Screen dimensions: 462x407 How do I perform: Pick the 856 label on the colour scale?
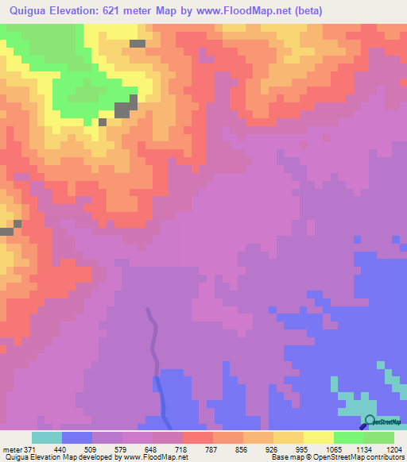coord(240,449)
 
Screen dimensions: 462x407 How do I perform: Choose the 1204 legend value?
coord(395,449)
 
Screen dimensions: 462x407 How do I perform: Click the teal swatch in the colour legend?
coord(46,437)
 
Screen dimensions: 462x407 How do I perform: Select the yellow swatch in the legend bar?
coord(319,437)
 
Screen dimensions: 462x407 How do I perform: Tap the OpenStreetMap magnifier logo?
coord(370,422)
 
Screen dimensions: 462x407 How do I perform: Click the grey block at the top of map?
coord(138,44)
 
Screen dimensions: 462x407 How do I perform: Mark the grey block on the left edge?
coord(6,231)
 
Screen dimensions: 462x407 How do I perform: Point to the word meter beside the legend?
coord(11,449)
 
